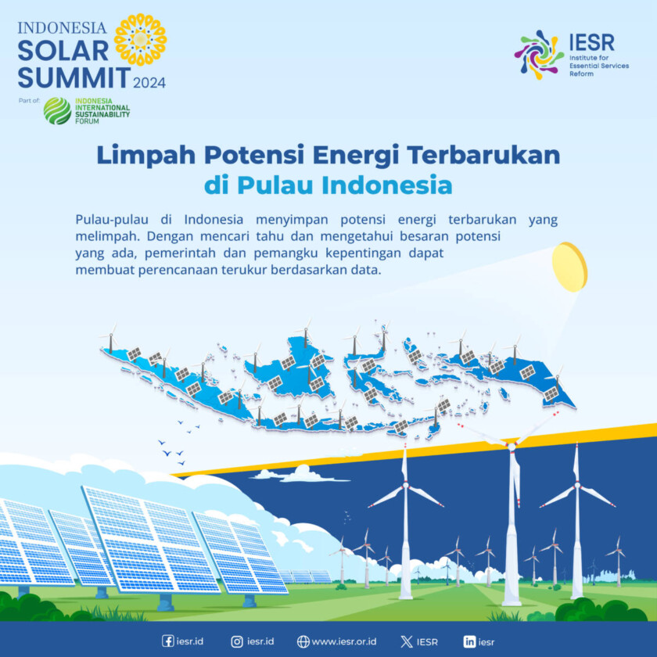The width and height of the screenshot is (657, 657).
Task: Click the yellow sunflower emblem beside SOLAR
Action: (140, 39)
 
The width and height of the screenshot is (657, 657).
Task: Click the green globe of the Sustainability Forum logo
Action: (57, 111)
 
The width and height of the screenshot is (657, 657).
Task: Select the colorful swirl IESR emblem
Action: (538, 54)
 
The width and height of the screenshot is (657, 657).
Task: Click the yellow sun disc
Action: (569, 267)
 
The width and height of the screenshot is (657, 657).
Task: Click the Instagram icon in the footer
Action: (237, 641)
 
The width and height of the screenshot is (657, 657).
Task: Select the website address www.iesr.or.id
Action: (344, 641)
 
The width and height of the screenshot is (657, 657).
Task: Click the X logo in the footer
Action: (406, 641)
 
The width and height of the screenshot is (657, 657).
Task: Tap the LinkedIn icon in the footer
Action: (469, 641)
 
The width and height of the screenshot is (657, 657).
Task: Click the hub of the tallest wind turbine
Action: (512, 446)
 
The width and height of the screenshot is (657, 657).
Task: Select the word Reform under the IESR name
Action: (581, 74)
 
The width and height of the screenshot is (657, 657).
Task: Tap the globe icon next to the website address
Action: (303, 641)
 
